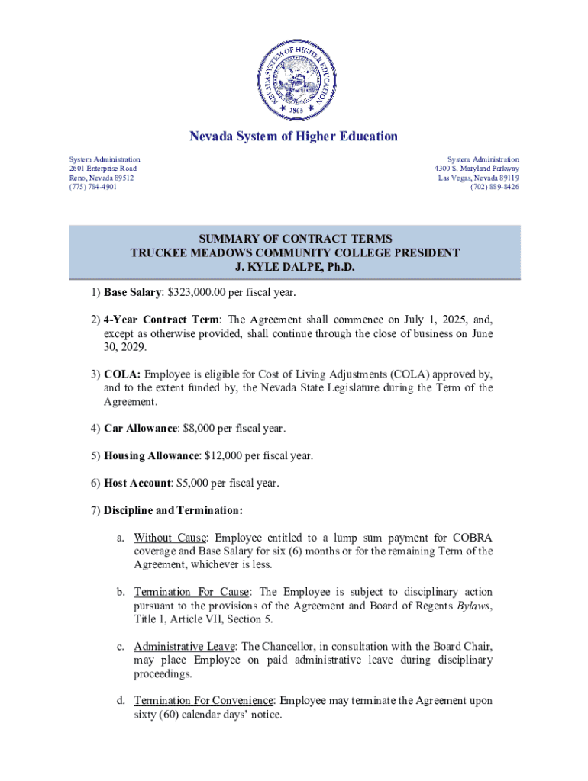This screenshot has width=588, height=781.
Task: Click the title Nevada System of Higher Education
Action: point(294,137)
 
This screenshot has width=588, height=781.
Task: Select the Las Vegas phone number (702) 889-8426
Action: point(495,187)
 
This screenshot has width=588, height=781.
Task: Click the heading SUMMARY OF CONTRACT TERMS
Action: point(294,239)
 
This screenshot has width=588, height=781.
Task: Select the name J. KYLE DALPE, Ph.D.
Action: point(294,268)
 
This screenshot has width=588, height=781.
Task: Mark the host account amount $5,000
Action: point(197,483)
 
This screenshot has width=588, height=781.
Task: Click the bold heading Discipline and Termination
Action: point(173,509)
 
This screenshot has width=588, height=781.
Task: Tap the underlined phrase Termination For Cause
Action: point(194,592)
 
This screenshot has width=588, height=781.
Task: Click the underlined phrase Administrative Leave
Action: point(185,647)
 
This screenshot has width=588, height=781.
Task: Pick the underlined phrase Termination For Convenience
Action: point(204,701)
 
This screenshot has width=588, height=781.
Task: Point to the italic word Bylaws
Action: point(473,606)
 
